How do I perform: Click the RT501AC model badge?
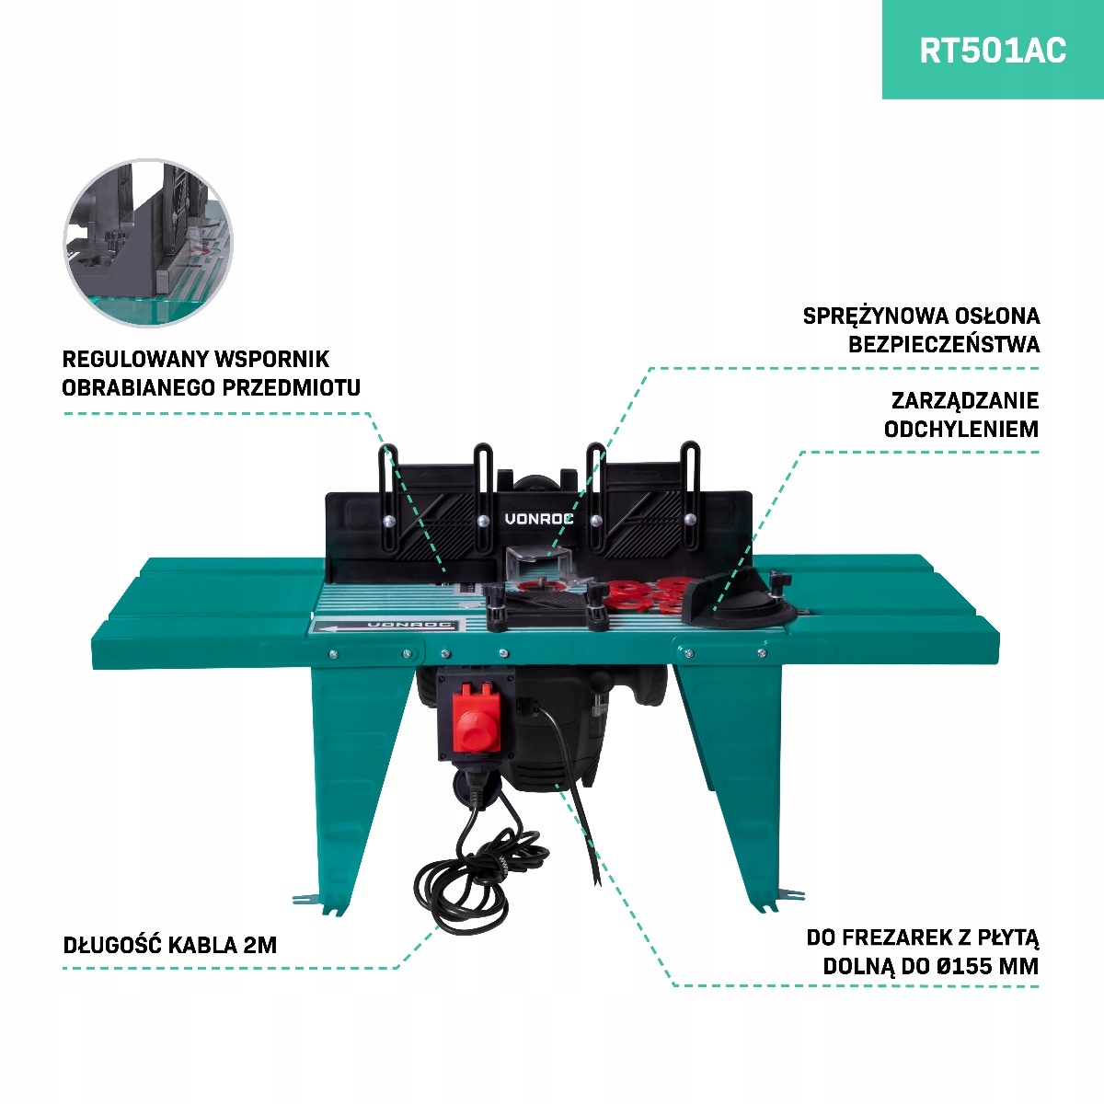[993, 50]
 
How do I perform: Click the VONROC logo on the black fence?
[539, 519]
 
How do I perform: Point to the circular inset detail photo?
[148, 242]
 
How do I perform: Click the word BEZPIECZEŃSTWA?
[944, 344]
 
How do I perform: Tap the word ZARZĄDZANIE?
[965, 400]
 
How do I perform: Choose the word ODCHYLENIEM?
[961, 429]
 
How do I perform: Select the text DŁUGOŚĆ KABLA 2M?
[169, 945]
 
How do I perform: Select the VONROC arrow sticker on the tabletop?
[385, 626]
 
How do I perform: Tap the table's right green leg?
[736, 773]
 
